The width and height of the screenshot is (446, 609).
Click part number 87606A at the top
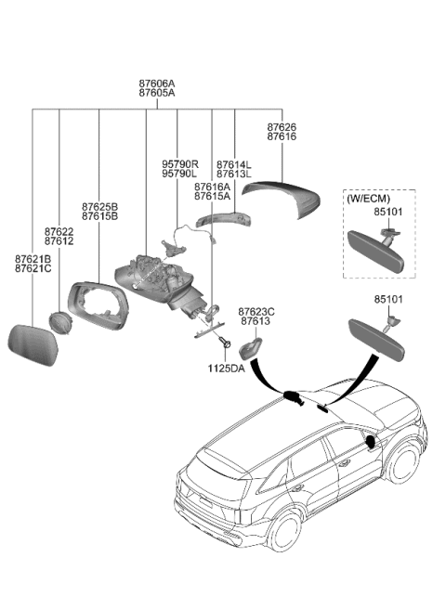point(156,84)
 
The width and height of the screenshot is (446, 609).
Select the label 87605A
point(156,94)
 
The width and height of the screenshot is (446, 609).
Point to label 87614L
point(234,163)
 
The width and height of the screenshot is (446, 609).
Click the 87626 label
point(282,126)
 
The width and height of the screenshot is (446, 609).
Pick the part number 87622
point(59,230)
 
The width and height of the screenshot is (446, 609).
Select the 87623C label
point(256,312)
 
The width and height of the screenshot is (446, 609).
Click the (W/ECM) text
point(368,199)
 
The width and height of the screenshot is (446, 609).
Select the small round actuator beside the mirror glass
point(63,324)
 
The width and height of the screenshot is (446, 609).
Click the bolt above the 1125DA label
point(227,344)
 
